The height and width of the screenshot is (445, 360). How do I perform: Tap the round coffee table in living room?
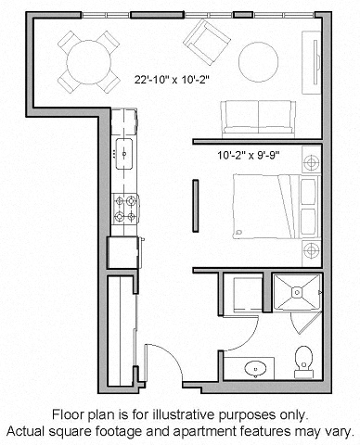coord(259,61)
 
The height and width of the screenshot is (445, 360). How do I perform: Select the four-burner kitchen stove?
coord(125,209)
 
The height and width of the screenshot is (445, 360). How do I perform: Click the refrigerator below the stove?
coord(123,250)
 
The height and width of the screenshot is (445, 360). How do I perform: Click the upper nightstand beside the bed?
coord(311,162)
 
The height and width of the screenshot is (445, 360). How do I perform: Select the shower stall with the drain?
coord(297,294)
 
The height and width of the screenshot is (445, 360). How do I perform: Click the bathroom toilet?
coord(302,359)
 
